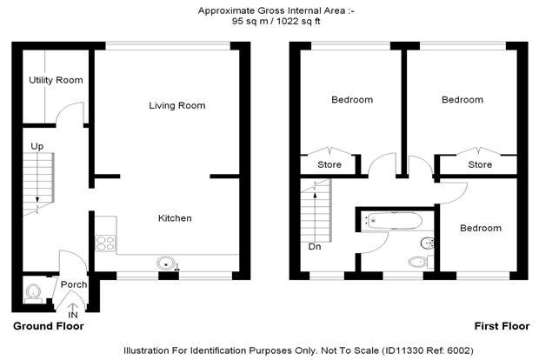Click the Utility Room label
pos(56,80)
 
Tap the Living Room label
pos(177,105)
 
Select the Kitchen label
pos(175,218)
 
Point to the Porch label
pos(74,284)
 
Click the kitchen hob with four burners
pos(105,243)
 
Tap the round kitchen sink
pos(166,263)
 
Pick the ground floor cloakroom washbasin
pos(33,291)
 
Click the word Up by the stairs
pos(37,146)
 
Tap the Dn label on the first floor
pos(315,247)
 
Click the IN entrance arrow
pos(72,308)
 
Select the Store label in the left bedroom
pos(329,164)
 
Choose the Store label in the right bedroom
pos(480,164)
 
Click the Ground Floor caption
pos(49,326)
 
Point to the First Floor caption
pos(502,326)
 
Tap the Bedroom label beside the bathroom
pos(481,228)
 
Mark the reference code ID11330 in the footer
pos(403,350)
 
